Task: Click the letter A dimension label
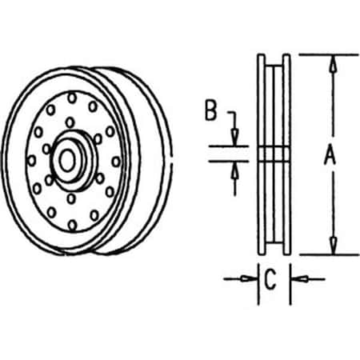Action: (329, 157)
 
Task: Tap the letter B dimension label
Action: (210, 111)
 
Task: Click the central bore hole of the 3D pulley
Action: (68, 160)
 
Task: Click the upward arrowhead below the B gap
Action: (234, 169)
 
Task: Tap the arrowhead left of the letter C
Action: (250, 278)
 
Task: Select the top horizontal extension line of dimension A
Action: (328, 54)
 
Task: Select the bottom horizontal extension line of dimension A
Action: (328, 254)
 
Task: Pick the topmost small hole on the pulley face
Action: (73, 96)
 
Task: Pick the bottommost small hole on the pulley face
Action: (72, 225)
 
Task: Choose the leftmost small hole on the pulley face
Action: (31, 159)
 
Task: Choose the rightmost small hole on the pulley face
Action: (116, 161)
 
